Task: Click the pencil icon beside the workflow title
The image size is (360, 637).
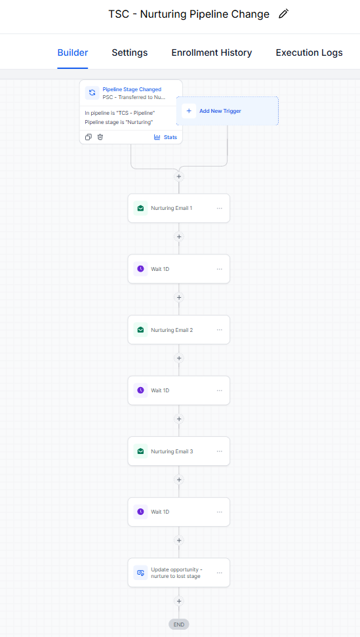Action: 284,14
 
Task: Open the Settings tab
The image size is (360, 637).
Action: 129,53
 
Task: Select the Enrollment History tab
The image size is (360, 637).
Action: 211,53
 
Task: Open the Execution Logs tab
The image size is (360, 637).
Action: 309,53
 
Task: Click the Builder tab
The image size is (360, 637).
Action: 73,53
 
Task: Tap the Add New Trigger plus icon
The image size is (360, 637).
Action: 189,111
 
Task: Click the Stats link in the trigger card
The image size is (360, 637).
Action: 166,137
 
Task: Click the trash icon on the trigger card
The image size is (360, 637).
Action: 100,137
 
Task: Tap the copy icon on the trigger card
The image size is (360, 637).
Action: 88,137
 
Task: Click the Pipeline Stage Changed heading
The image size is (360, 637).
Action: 132,89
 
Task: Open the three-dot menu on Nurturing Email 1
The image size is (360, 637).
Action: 220,208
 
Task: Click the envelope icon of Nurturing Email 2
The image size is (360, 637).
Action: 140,330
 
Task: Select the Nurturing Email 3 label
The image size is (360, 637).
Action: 172,451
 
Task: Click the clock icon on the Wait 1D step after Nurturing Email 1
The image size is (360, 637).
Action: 140,269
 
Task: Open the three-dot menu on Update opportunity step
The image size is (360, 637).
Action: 220,573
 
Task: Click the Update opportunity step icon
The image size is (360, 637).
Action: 140,573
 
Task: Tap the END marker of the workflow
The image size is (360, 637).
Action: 179,625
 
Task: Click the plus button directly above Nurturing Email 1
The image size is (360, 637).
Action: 178,176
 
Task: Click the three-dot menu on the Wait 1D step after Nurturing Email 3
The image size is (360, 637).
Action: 220,512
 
